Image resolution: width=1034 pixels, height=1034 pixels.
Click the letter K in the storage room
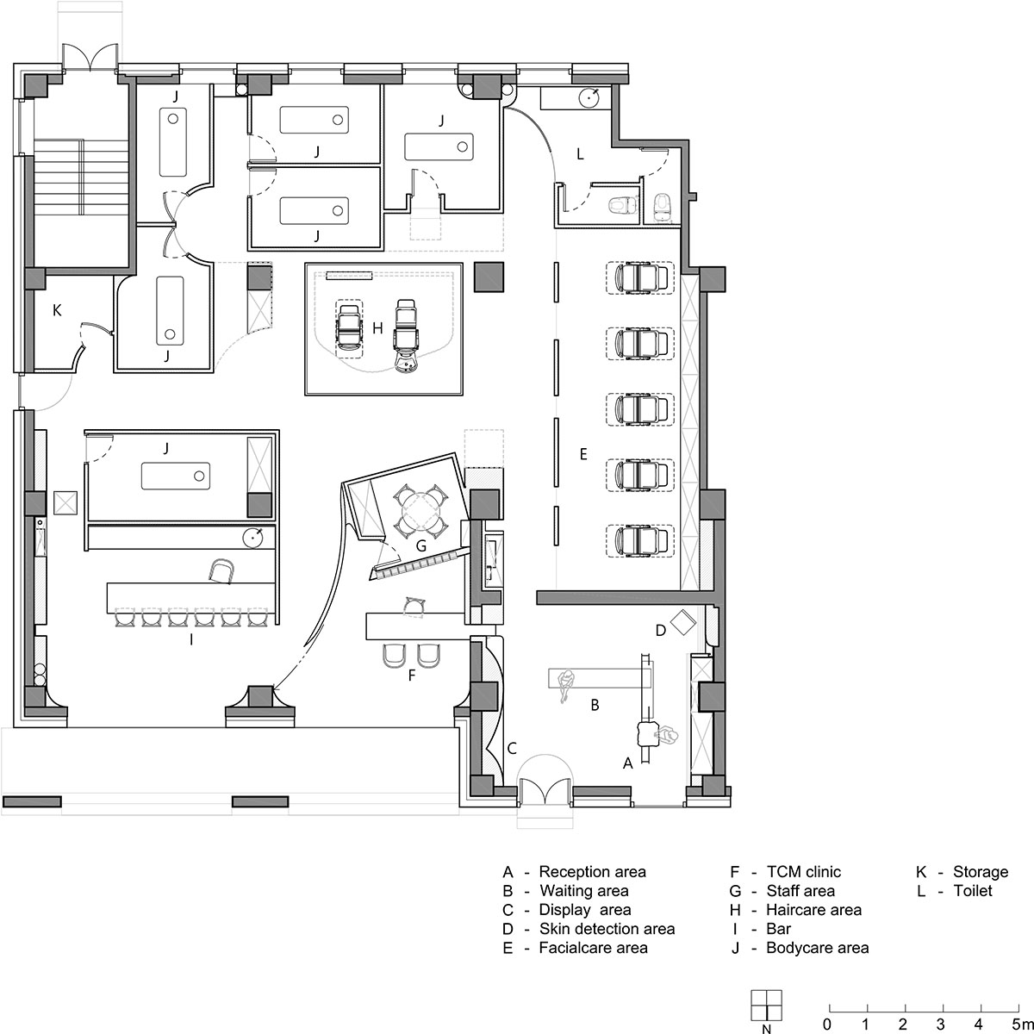tap(57, 310)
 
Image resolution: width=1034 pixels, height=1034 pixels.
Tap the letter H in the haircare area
tap(377, 327)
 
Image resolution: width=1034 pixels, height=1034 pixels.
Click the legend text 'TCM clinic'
tap(803, 872)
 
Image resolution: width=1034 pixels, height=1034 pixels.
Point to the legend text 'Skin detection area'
tap(607, 929)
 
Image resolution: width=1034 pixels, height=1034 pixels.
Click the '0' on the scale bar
tap(828, 1023)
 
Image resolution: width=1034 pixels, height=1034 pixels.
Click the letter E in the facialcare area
tap(583, 454)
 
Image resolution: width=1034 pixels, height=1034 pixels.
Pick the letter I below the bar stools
tap(191, 639)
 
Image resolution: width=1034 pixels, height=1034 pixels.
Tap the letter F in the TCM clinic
tap(412, 675)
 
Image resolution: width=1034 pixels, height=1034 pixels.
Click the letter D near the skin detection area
tap(661, 631)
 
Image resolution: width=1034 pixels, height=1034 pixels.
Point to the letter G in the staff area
tap(421, 546)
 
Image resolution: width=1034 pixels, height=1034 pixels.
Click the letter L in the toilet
tap(580, 154)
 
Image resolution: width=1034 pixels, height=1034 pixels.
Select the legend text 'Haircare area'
tap(813, 910)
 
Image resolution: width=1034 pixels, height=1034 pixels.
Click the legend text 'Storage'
tap(981, 872)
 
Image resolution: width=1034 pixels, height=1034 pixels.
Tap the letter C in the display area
tap(512, 748)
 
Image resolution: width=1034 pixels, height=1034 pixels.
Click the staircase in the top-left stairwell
tap(82, 178)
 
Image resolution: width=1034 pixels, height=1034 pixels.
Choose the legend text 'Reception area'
tap(592, 872)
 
